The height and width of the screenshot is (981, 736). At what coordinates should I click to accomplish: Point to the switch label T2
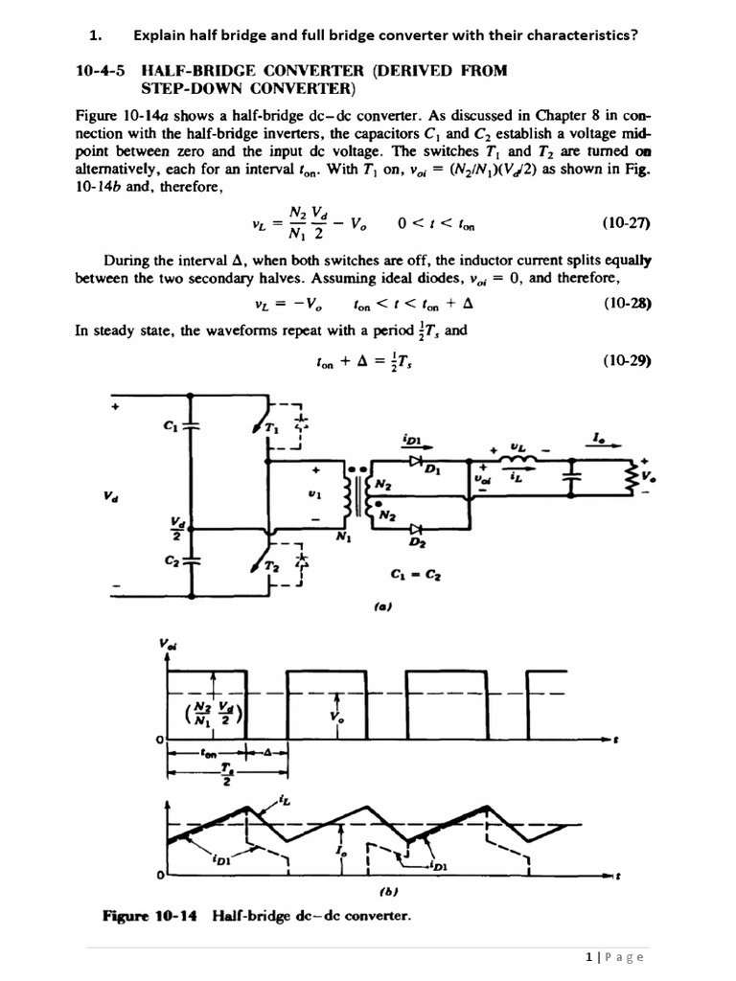270,565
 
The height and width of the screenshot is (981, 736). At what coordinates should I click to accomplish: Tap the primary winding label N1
344,536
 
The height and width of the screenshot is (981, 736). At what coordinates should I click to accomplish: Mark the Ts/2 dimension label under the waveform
226,772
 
